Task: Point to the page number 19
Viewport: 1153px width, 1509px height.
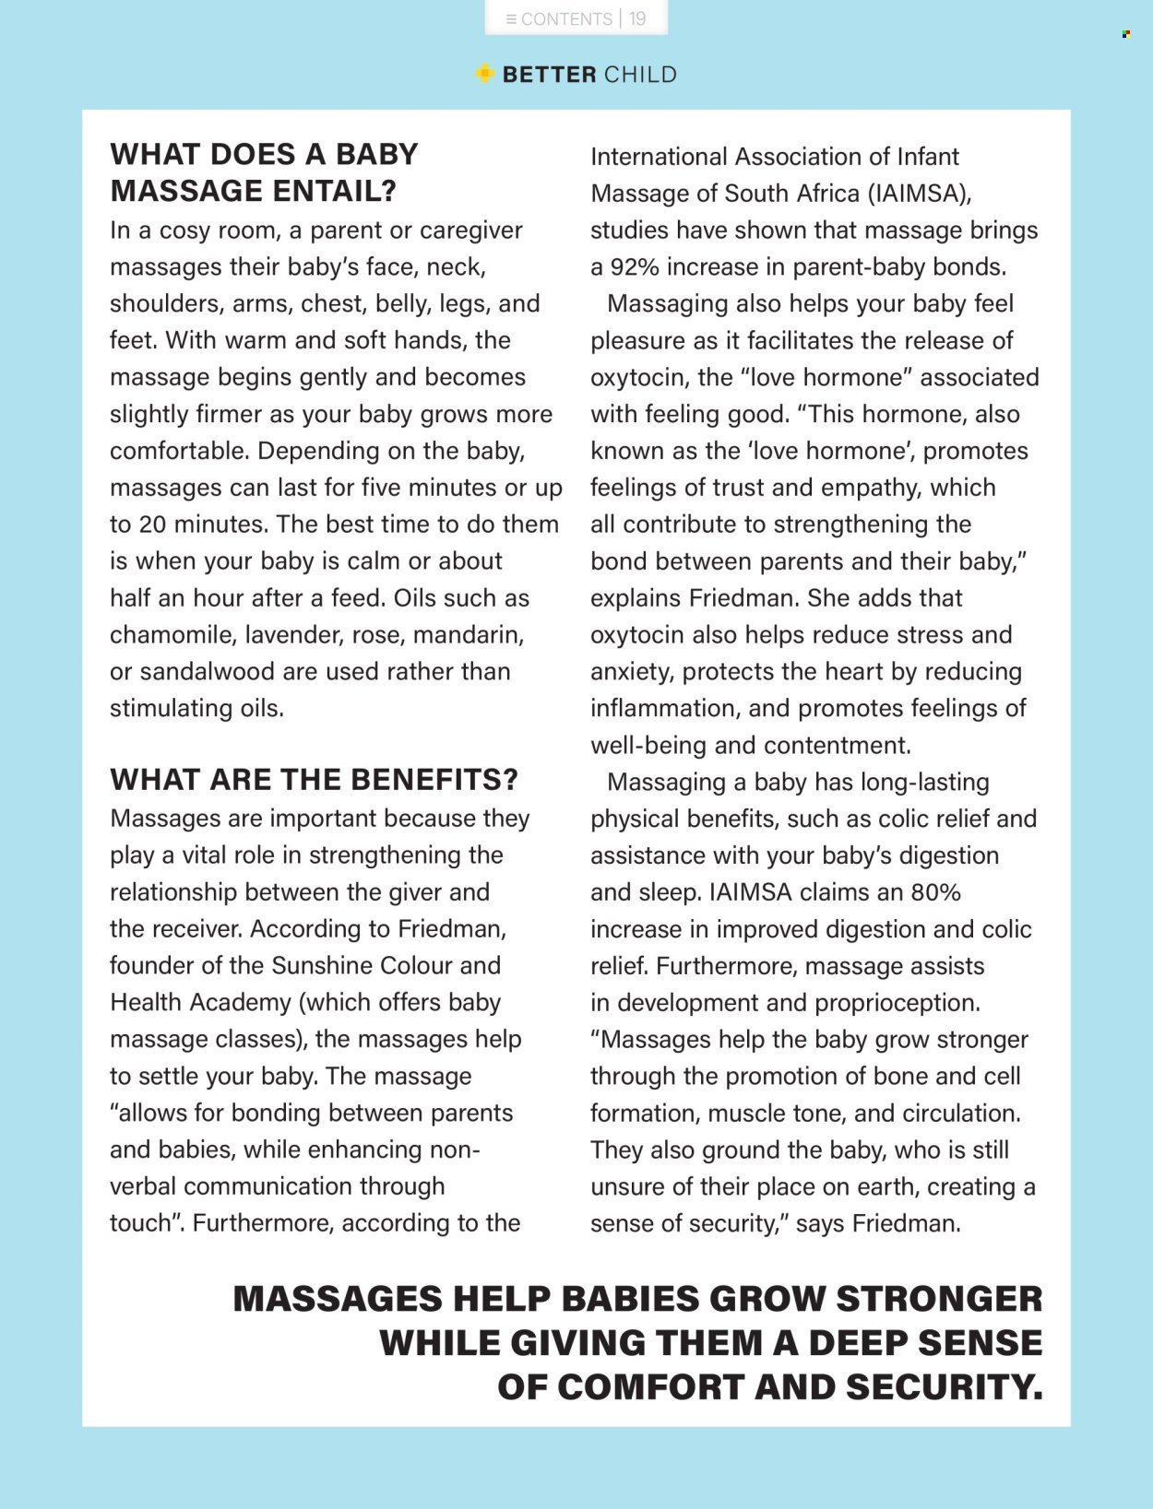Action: click(x=637, y=18)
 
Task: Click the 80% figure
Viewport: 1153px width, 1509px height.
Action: click(x=935, y=892)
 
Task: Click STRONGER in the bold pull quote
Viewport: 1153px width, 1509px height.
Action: click(x=939, y=1299)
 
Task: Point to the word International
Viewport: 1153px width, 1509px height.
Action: click(x=659, y=157)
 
